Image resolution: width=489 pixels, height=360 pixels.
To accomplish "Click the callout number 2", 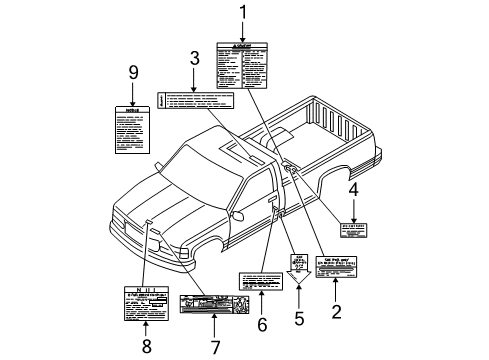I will pyautogui.click(x=336, y=312).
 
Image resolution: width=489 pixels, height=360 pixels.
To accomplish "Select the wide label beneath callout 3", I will pyautogui.click(x=195, y=100).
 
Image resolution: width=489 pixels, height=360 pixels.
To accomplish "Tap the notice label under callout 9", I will pyautogui.click(x=132, y=130).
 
